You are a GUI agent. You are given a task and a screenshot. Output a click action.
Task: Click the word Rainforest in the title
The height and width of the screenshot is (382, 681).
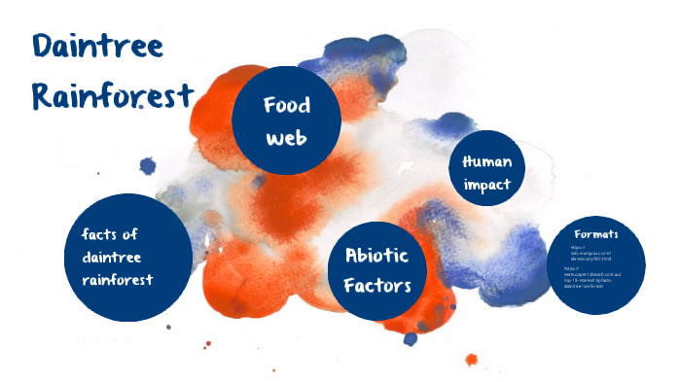(112, 96)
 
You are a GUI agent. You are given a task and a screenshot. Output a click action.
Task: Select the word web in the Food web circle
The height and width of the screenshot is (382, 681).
(286, 138)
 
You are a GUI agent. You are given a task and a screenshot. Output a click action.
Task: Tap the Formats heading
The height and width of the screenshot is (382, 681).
(596, 234)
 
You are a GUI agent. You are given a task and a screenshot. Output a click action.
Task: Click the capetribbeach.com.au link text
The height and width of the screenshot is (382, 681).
(594, 275)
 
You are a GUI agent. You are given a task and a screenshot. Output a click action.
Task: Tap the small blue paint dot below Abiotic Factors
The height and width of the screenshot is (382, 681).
(411, 339)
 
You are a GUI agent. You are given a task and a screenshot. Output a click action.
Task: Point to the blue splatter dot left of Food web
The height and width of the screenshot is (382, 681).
(148, 166)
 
